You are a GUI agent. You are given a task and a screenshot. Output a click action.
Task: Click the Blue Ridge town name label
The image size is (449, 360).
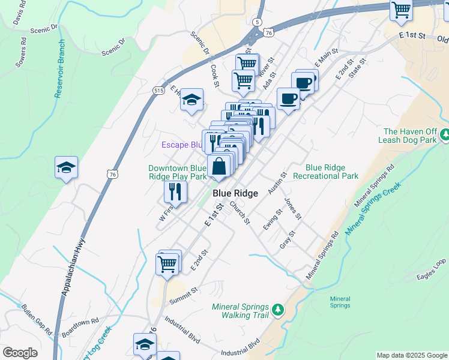235,193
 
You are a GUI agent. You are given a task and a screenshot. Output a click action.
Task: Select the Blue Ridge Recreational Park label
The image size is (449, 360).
332,172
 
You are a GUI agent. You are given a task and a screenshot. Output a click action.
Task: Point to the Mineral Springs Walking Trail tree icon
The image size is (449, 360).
277,310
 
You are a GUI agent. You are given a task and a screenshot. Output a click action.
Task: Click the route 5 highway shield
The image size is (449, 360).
258,22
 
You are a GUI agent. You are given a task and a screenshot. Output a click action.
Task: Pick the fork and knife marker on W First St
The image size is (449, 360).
175,191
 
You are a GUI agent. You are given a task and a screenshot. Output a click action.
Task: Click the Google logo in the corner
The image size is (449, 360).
20,353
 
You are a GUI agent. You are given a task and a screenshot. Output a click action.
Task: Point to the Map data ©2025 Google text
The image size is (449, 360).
411,355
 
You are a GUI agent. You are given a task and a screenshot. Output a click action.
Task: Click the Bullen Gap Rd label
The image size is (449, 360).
36,317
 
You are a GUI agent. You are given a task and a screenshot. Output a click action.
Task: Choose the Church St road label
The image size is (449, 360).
240,212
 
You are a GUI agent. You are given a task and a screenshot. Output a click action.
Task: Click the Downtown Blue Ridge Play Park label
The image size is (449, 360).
178,172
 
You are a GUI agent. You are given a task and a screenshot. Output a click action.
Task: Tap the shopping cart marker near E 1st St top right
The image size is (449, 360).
401,10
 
